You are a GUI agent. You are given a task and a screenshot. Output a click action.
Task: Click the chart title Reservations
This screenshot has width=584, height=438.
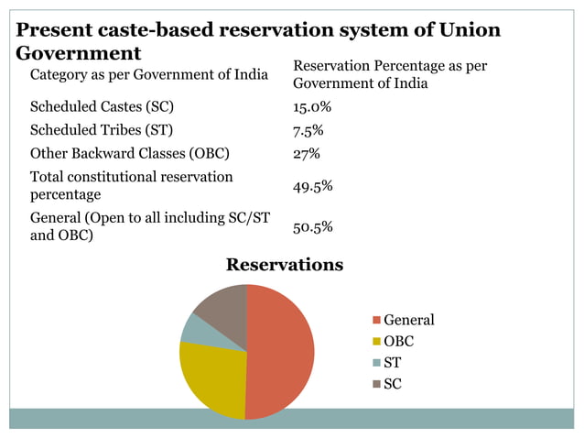point(285,265)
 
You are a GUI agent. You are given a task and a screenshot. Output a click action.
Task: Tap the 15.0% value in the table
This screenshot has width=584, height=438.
point(312,106)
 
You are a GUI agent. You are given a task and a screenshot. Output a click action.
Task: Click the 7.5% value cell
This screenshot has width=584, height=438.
point(308,129)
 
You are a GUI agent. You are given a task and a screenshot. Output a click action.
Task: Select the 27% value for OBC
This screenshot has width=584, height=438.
point(306,153)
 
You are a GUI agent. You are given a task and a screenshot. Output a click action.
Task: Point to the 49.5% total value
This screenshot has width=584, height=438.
point(312,186)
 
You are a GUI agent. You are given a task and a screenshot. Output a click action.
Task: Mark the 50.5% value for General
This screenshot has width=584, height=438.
point(312,226)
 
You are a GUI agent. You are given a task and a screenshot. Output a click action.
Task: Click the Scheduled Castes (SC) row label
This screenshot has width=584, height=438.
point(102,106)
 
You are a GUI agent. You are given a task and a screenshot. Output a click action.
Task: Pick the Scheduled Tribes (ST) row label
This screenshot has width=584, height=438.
point(101,129)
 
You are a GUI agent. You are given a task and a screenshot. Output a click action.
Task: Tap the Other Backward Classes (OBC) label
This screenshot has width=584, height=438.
point(129,153)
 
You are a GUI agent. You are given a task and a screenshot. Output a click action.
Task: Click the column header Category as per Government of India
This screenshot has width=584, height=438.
point(149,73)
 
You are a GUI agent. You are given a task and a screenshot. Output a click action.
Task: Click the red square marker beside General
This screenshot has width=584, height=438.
point(376,321)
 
